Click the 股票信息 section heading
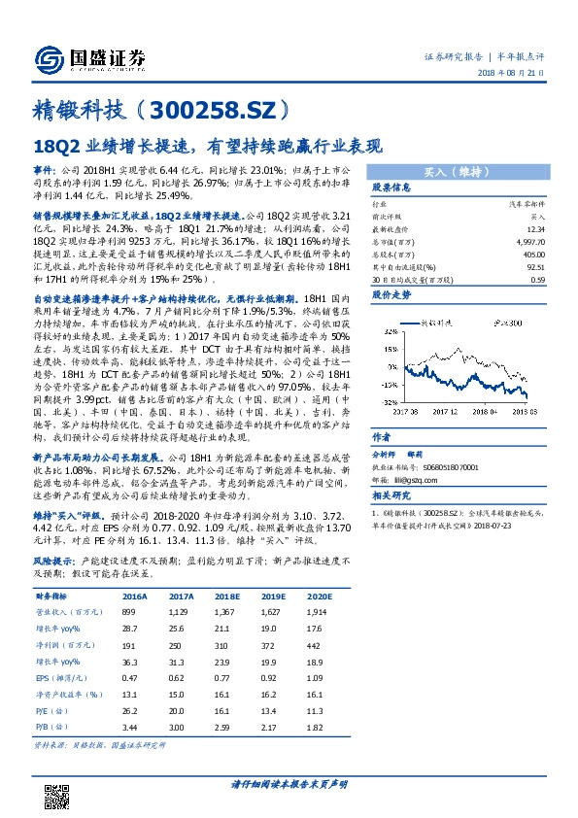(365, 187)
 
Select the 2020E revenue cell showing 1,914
(317, 559)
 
